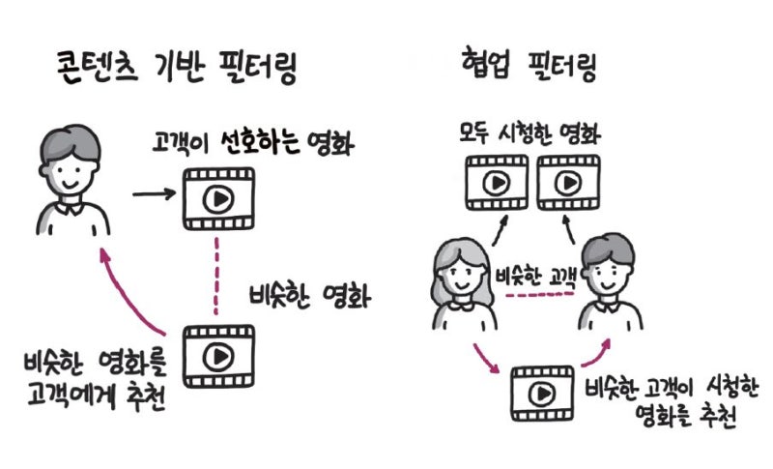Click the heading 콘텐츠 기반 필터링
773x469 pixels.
click(x=177, y=69)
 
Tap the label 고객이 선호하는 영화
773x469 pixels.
click(x=253, y=142)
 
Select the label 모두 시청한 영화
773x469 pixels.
click(x=530, y=132)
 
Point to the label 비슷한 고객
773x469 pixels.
click(x=536, y=277)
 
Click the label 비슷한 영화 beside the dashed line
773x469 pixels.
click(x=310, y=297)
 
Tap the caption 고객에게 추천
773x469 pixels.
click(x=97, y=396)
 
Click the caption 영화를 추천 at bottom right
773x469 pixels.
click(x=686, y=416)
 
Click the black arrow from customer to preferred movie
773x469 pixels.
click(x=154, y=193)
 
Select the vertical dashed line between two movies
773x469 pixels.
click(x=215, y=276)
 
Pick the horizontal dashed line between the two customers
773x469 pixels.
click(x=540, y=294)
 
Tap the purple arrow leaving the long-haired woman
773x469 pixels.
click(x=486, y=359)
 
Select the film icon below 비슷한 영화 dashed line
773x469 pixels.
click(x=219, y=356)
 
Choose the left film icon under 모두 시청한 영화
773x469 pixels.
click(x=497, y=183)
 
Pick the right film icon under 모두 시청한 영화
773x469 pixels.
click(x=568, y=183)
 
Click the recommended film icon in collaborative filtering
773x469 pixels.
click(x=542, y=393)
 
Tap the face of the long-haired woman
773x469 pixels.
click(x=463, y=278)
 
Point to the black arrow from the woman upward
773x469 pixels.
click(x=500, y=230)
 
